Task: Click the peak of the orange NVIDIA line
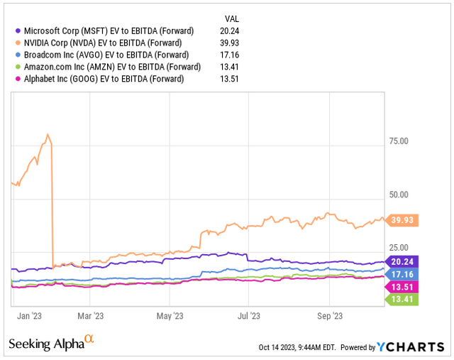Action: tap(48, 134)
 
